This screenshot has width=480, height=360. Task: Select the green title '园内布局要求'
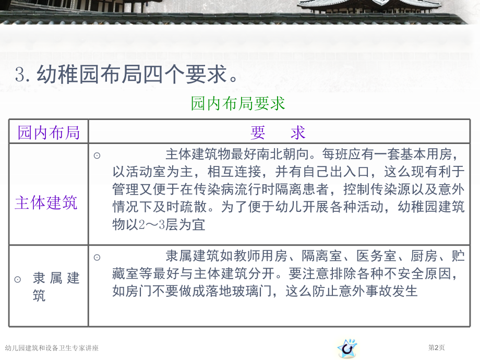[x=238, y=103]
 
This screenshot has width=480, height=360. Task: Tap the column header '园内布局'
[x=49, y=133]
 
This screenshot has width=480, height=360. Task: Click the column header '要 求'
[x=278, y=133]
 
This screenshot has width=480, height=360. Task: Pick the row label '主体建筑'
[x=46, y=202]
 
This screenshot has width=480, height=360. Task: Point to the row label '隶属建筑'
[x=56, y=286]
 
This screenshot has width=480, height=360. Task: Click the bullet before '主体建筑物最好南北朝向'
[x=97, y=155]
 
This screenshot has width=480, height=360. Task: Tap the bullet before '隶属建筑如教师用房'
[x=97, y=257]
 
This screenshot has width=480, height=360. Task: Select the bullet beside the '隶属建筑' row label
[x=18, y=279]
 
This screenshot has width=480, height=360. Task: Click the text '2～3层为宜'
[x=172, y=225]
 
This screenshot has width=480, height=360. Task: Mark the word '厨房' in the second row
[x=424, y=256]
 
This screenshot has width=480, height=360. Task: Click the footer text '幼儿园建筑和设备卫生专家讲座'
[x=52, y=348]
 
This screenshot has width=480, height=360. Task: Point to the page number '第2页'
[x=436, y=347]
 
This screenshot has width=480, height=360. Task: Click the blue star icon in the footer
[x=347, y=348]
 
